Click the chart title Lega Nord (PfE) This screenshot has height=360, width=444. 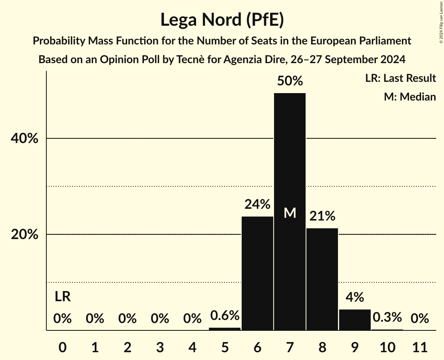(x=222, y=19)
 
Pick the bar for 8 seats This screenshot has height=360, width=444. (x=322, y=279)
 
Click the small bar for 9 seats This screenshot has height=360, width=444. (x=355, y=320)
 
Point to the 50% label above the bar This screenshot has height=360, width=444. (x=290, y=81)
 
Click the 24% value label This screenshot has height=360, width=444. (x=257, y=204)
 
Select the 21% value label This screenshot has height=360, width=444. (x=322, y=216)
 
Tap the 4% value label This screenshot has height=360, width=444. (x=355, y=297)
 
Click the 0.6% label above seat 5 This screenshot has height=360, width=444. (x=225, y=315)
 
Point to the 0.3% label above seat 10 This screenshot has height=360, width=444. (x=387, y=317)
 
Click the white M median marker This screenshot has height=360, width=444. (x=290, y=213)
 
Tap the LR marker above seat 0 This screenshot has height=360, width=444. (x=62, y=297)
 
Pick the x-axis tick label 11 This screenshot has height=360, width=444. (x=419, y=346)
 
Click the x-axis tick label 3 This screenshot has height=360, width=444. (x=160, y=346)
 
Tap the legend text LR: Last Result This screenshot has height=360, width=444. (x=400, y=78)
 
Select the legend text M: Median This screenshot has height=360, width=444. (x=410, y=97)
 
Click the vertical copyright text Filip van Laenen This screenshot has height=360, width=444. (x=441, y=21)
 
